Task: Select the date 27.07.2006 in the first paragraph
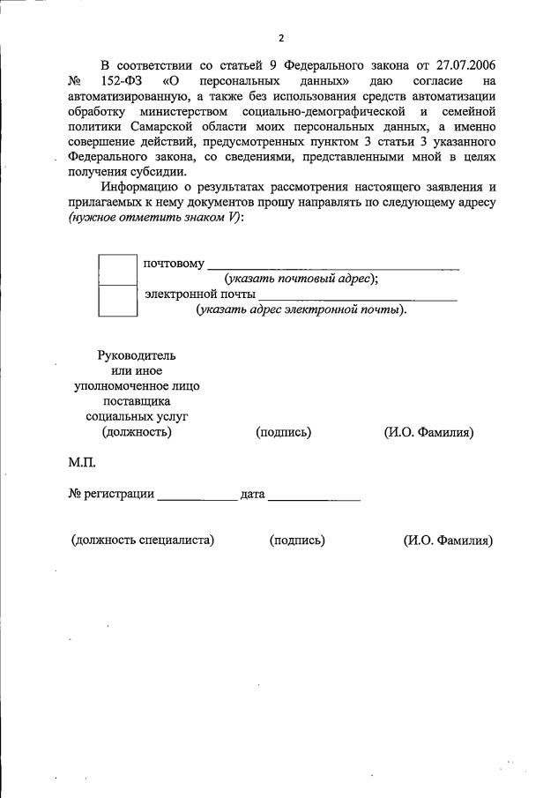460,65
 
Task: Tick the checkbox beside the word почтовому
117,270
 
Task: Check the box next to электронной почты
117,301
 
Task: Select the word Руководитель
137,355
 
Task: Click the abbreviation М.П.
82,462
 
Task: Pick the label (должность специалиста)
143,541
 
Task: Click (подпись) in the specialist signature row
297,541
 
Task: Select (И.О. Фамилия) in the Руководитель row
429,432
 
